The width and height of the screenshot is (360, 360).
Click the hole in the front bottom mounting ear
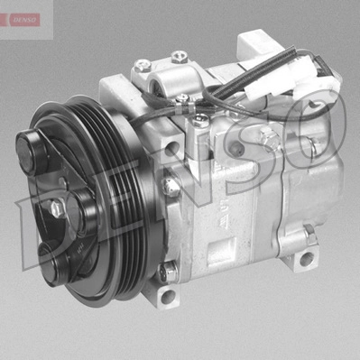point(166,296)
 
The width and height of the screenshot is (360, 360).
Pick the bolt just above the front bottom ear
point(163,270)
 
